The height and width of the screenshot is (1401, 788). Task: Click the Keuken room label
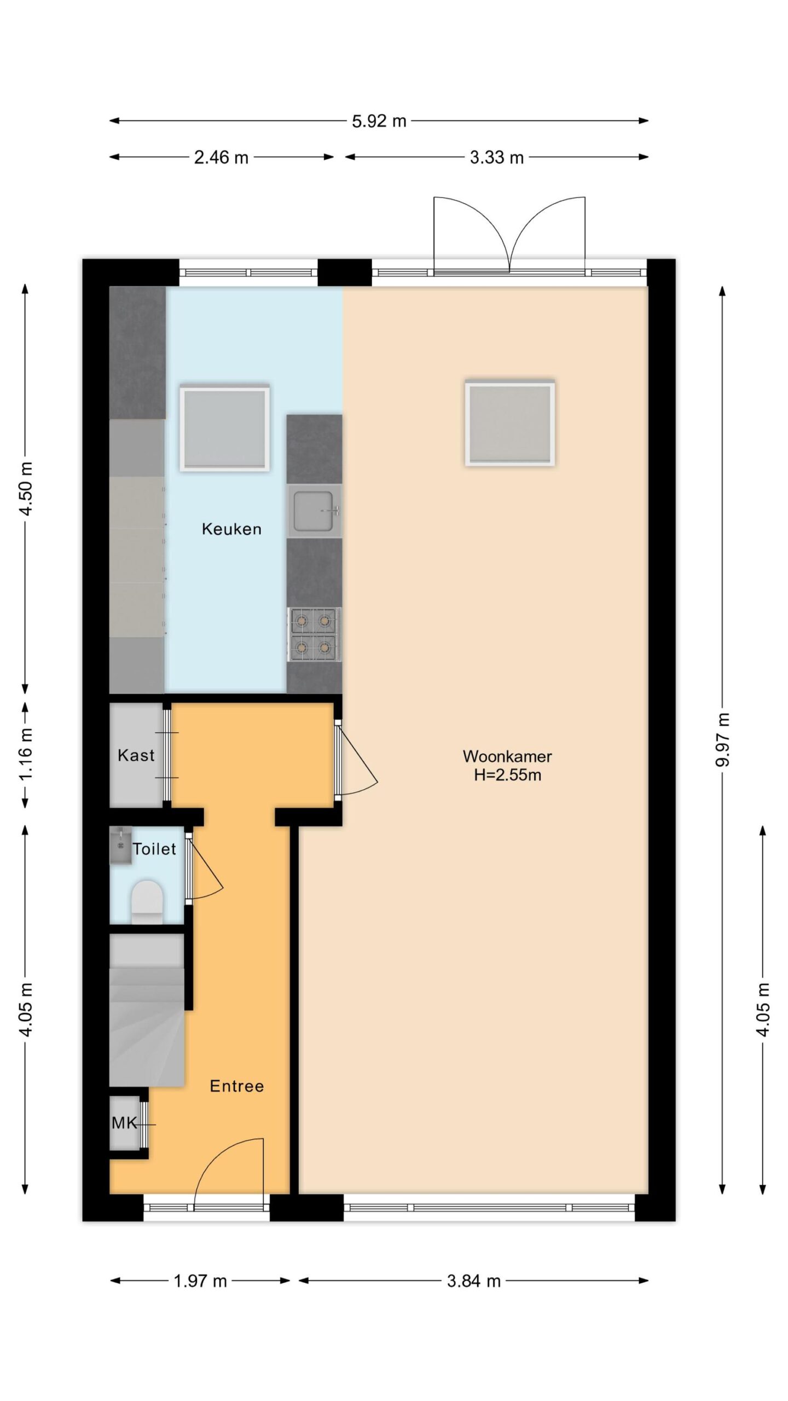tap(231, 529)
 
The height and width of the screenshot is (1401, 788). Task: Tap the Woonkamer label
tap(507, 756)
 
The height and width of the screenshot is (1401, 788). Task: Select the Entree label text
tap(237, 1086)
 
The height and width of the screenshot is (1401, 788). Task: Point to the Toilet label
tap(154, 849)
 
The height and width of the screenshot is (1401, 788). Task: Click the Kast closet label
tap(136, 756)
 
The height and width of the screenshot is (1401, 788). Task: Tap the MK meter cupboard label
tap(124, 1124)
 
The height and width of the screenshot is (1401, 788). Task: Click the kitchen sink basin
tap(314, 511)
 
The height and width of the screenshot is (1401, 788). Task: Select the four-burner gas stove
tap(314, 635)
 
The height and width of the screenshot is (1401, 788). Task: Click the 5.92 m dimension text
tap(379, 121)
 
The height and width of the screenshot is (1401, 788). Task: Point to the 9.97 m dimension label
tap(723, 740)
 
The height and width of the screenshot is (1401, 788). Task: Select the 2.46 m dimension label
tap(221, 158)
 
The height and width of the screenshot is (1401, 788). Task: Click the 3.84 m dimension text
tap(474, 1281)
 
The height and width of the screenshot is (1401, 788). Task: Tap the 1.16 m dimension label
tap(26, 754)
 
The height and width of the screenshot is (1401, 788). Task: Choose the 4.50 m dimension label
tap(26, 488)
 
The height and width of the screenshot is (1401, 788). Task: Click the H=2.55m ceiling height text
tap(507, 775)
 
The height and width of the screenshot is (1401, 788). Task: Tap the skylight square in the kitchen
tap(225, 428)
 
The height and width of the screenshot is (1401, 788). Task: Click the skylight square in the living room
tap(510, 423)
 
